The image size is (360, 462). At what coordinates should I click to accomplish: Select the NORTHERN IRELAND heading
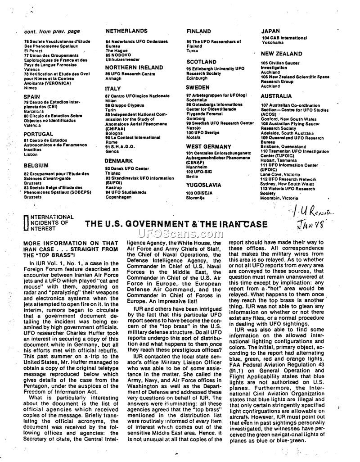tap(134, 67)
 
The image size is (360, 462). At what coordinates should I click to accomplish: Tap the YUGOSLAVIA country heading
tap(203, 185)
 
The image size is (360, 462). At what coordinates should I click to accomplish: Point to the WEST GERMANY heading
tap(208, 146)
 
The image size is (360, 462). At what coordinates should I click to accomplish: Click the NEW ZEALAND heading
tap(280, 53)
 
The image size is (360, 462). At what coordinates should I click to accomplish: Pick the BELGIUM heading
tap(36, 165)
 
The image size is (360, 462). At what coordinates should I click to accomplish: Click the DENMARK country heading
tap(119, 161)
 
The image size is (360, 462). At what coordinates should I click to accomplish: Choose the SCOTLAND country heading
tap(201, 62)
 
